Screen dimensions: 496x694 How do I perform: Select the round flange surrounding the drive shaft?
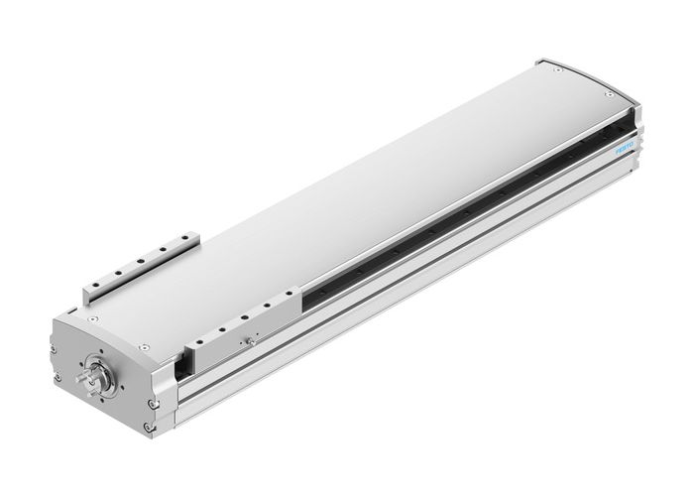pyautogui.click(x=99, y=378)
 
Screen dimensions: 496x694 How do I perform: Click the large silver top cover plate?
pyautogui.click(x=377, y=169)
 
